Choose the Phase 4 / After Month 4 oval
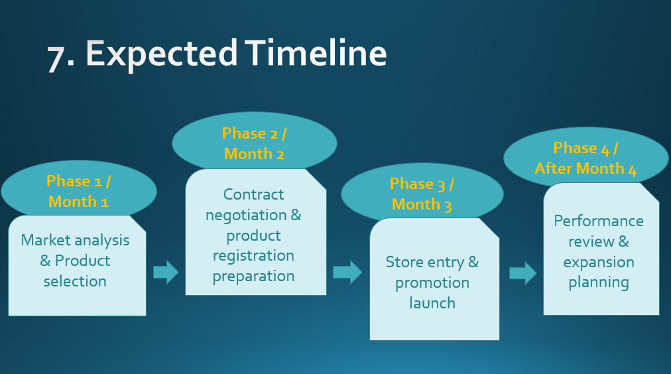pyautogui.click(x=585, y=158)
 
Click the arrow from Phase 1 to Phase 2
pyautogui.click(x=166, y=272)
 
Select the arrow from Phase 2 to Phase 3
pyautogui.click(x=347, y=272)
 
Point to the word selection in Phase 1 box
pyautogui.click(x=75, y=281)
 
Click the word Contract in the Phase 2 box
pyautogui.click(x=253, y=194)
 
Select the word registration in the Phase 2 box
pyautogui.click(x=253, y=256)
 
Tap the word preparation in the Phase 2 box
pyautogui.click(x=253, y=277)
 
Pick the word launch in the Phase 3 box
pyautogui.click(x=432, y=303)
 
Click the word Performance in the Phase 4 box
pyautogui.click(x=599, y=221)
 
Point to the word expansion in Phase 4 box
pyautogui.click(x=599, y=262)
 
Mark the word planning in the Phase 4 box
pyautogui.click(x=599, y=282)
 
